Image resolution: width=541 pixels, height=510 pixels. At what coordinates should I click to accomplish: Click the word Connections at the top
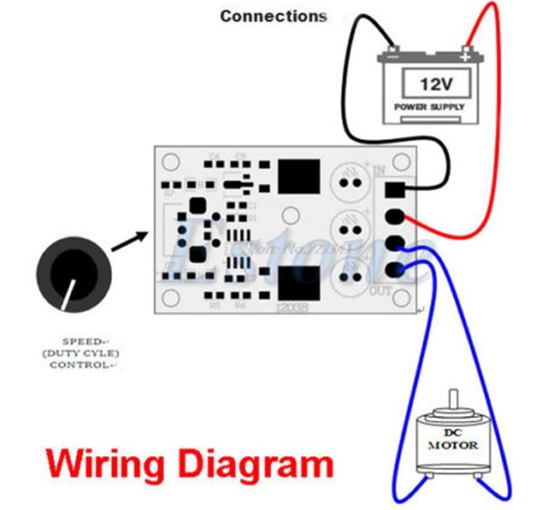pyautogui.click(x=273, y=15)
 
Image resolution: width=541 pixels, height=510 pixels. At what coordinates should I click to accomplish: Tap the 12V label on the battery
pyautogui.click(x=436, y=84)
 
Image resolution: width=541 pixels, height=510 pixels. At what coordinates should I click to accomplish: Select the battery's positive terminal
pyautogui.click(x=465, y=58)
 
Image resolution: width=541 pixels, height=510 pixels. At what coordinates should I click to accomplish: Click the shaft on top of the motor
pyautogui.click(x=453, y=400)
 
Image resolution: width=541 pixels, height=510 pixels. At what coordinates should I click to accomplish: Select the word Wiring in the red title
pyautogui.click(x=97, y=463)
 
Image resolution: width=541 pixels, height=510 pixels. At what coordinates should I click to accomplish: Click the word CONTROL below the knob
pyautogui.click(x=81, y=365)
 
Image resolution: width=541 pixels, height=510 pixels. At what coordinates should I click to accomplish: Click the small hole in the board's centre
pyautogui.click(x=287, y=213)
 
